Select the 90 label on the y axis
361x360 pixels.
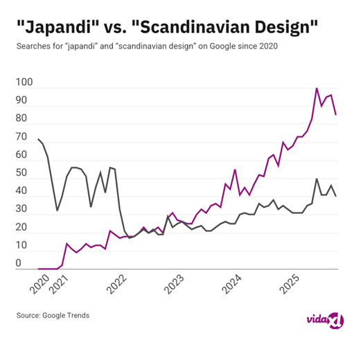coord(25,100)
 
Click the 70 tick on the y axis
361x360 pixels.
coord(25,137)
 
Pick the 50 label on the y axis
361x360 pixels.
coord(25,173)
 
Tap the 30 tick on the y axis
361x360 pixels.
coord(25,209)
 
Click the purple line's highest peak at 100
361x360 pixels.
coord(317,89)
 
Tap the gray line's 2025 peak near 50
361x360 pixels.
coord(317,179)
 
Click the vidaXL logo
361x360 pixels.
coord(324,318)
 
